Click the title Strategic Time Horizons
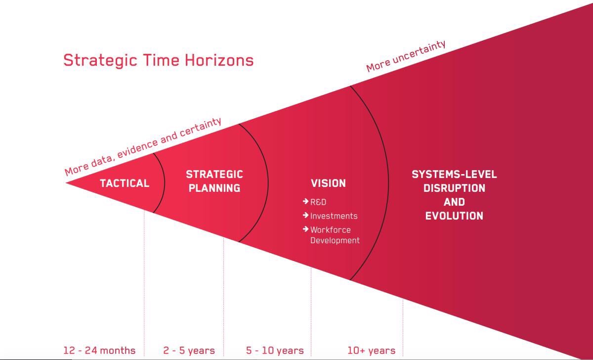(x=158, y=61)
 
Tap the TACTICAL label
(x=125, y=183)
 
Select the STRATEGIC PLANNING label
(x=214, y=181)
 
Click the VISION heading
(x=328, y=183)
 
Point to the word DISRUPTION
(x=454, y=188)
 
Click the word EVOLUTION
(x=454, y=216)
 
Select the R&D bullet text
(x=318, y=202)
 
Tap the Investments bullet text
(x=334, y=216)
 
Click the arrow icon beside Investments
(x=305, y=215)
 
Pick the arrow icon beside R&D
(x=305, y=201)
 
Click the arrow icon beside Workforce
(x=305, y=229)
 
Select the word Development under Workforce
(x=335, y=240)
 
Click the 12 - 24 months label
(x=99, y=351)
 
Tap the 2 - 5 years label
(x=189, y=351)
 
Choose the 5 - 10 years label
(x=275, y=351)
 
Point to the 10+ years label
(x=372, y=351)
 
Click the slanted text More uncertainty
(x=406, y=56)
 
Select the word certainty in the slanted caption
(x=201, y=127)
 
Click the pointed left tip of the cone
(x=66, y=183)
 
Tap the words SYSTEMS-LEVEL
(x=454, y=174)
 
